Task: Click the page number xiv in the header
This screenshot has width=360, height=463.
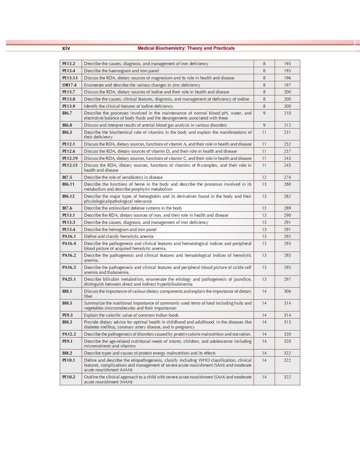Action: pos(66,48)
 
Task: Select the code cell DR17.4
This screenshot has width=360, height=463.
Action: pos(69,85)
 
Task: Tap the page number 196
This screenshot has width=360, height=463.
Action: pos(287,78)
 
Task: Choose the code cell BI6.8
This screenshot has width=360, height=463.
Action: pos(67,125)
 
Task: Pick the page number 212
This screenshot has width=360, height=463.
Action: pos(287,125)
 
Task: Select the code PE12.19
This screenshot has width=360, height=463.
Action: pos(70,158)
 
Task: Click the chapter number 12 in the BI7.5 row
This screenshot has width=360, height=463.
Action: pos(264,177)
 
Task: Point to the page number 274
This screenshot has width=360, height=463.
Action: pos(287,177)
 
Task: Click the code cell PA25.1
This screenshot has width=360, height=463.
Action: pos(69,279)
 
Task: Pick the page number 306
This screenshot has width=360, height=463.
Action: pos(287,291)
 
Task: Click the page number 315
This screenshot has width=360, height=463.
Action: pos(287,322)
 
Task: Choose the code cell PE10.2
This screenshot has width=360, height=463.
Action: pos(69,377)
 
